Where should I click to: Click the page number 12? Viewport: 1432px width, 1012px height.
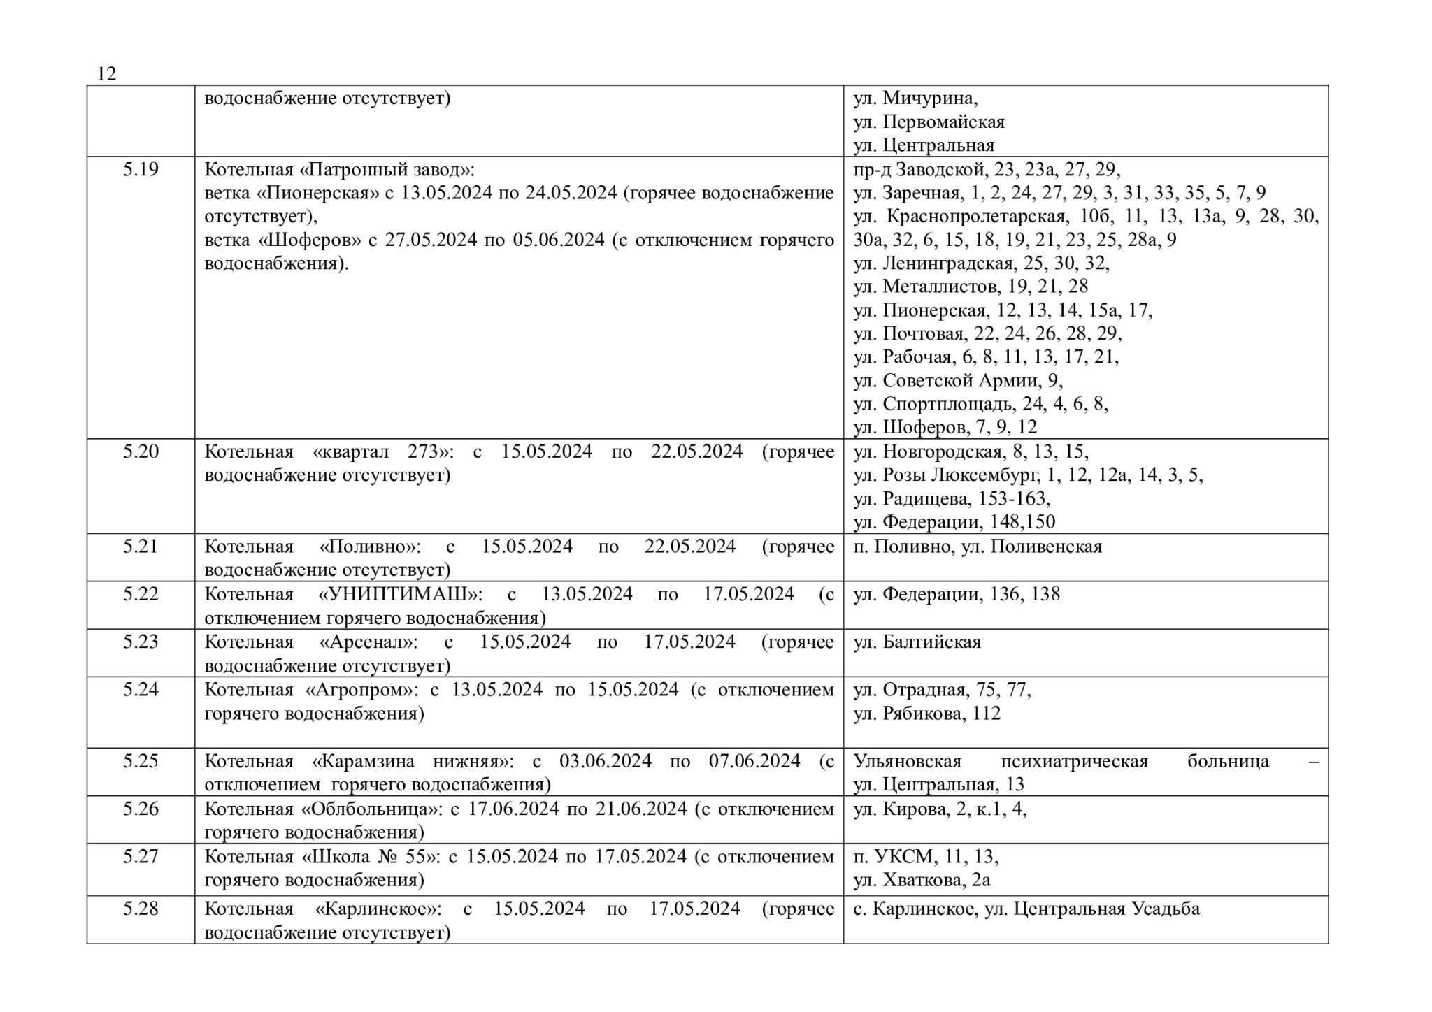click(106, 73)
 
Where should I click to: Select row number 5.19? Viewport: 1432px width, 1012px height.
click(141, 169)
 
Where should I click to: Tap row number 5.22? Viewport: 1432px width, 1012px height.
click(141, 594)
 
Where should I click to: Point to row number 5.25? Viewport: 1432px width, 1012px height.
click(141, 760)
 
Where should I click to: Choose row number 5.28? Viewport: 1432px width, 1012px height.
click(141, 909)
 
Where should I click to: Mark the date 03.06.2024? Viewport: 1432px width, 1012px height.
click(606, 760)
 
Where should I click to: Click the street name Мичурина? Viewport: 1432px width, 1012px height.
click(930, 98)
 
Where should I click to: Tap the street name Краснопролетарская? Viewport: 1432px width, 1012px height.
click(975, 216)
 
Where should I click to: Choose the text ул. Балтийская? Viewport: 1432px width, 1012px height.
click(917, 642)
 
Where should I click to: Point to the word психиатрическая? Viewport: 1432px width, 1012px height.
click(1074, 760)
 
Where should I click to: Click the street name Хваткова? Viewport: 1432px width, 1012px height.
click(924, 880)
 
